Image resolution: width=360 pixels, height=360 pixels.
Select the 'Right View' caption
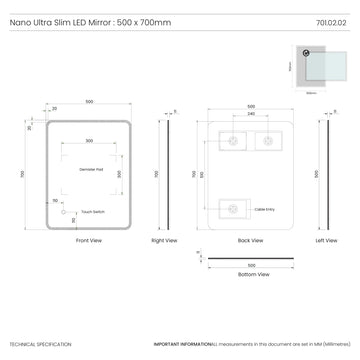[x=163, y=241]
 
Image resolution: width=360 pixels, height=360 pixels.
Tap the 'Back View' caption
[x=251, y=241]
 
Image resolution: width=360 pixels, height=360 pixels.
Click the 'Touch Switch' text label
[x=93, y=212]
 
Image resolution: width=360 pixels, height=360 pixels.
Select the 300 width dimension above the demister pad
[x=89, y=141]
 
